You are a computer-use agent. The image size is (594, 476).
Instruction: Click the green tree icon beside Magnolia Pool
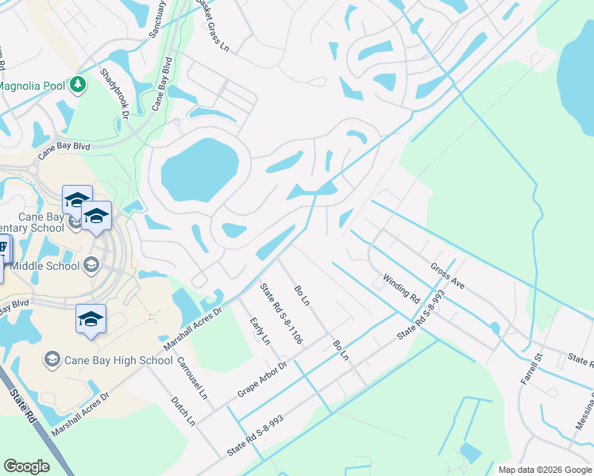click(x=78, y=84)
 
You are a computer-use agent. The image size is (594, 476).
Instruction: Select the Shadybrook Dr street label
click(x=114, y=94)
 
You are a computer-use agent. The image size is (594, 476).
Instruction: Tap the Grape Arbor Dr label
click(x=261, y=380)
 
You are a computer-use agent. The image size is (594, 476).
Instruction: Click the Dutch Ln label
click(x=183, y=411)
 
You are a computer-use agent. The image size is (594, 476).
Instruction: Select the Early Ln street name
click(x=260, y=330)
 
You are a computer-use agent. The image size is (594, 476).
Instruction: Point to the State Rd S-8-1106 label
click(x=282, y=316)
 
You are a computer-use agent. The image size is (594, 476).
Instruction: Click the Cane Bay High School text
click(x=119, y=360)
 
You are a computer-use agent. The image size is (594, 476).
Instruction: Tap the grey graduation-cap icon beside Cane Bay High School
click(x=52, y=360)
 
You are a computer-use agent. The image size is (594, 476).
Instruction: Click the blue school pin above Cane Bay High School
click(x=91, y=319)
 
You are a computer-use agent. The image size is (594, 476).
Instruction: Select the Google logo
click(x=26, y=466)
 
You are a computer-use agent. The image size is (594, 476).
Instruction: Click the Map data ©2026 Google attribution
click(x=544, y=470)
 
